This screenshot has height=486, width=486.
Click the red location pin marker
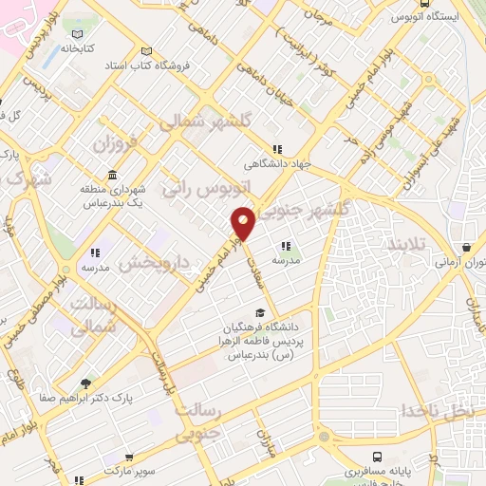(244, 224)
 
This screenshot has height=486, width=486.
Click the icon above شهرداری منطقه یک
(113, 175)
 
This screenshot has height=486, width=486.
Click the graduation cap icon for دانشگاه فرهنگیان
(259, 314)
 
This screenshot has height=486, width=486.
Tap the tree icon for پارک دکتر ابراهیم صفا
(86, 383)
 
